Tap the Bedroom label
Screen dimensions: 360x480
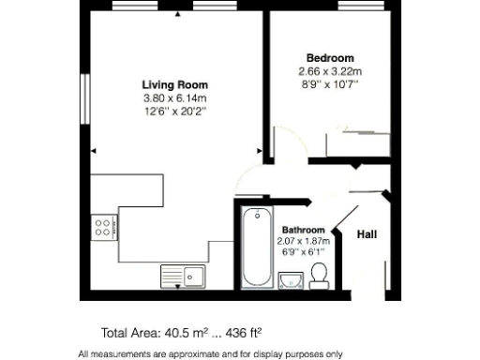[330, 57]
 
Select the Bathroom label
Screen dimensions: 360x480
[303, 230]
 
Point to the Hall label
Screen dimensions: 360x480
[367, 235]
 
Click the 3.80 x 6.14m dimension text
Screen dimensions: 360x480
[174, 98]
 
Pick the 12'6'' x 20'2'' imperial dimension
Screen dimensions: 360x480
[174, 112]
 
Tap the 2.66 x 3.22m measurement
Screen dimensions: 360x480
[329, 71]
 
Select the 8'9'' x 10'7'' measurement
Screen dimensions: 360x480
[329, 85]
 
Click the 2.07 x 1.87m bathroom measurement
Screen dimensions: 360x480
[303, 241]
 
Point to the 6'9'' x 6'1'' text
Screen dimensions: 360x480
[303, 252]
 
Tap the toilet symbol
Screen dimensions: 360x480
[319, 276]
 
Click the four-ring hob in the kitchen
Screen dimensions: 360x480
[103, 226]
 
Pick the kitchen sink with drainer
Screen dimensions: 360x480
[184, 276]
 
